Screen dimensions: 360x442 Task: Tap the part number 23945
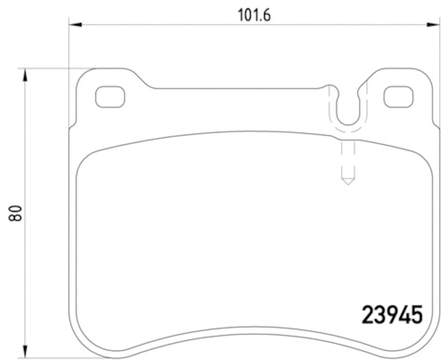[392, 315]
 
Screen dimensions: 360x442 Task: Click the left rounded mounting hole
[110, 97]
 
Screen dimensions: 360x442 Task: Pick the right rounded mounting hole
[398, 97]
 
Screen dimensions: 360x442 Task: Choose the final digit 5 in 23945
[417, 315]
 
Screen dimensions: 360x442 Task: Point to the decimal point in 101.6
[261, 19]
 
